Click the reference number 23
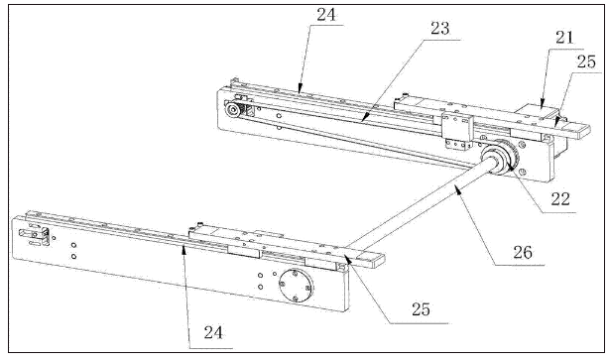point(440,29)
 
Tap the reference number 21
point(565,38)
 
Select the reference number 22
point(560,198)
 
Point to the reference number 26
point(523,253)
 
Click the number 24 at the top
point(326,14)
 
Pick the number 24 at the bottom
point(213,333)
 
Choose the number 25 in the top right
point(586,61)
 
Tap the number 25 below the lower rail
point(421,309)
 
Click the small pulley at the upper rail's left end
point(233,109)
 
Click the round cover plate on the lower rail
point(297,286)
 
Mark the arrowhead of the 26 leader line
point(456,188)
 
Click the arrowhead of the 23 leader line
point(362,120)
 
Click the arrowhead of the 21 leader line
point(543,106)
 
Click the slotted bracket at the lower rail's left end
point(35,235)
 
